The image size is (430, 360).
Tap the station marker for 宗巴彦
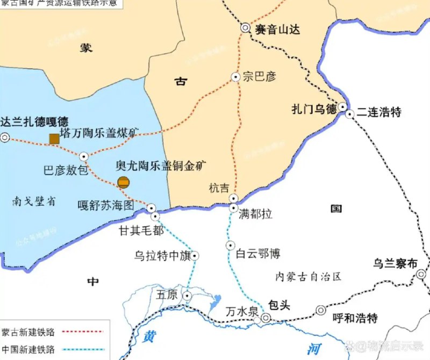tap(235, 77)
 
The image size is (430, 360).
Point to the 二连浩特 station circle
tap(350, 114)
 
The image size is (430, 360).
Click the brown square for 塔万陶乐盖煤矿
tap(54, 139)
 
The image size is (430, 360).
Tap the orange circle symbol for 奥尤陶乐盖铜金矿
tap(123, 182)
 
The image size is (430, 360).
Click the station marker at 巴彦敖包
tap(83, 156)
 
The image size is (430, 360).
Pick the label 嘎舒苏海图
tap(105, 205)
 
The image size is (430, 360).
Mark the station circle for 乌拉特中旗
tap(195, 256)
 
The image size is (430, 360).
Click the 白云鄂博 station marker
tap(230, 246)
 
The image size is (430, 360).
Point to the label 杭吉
tap(219, 188)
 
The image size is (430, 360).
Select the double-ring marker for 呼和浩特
tap(321, 310)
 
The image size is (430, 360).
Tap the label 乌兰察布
tap(395, 264)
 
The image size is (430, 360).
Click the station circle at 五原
tap(187, 296)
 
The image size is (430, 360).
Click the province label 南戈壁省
tap(33, 202)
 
